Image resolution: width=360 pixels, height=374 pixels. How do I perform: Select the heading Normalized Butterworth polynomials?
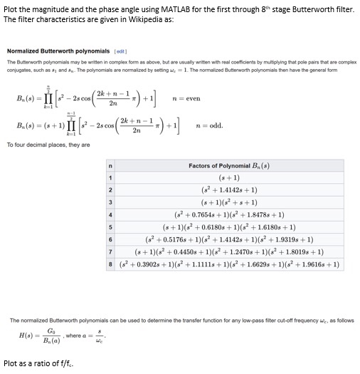58,51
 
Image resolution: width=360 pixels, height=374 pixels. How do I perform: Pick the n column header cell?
110,165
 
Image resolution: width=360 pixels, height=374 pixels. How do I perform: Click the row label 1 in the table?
110,178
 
